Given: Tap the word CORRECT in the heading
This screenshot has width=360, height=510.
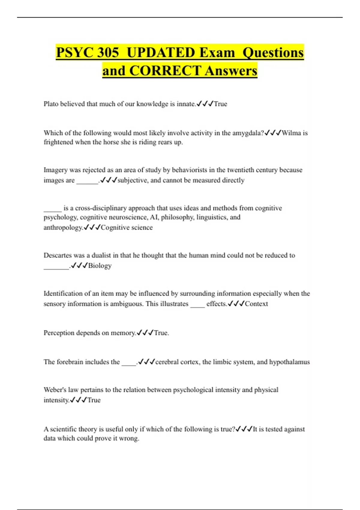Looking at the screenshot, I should pyautogui.click(x=165, y=71).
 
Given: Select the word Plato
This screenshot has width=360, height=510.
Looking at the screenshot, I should pyautogui.click(x=51, y=104).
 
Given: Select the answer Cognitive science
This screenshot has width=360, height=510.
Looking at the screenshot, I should pyautogui.click(x=127, y=227).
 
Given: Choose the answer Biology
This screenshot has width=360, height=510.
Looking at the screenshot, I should pyautogui.click(x=100, y=266).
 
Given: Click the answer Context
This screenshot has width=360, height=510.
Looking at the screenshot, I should pyautogui.click(x=256, y=304).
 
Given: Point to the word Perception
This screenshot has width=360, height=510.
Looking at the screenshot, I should pyautogui.click(x=59, y=333).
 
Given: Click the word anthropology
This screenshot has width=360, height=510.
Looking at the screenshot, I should pyautogui.click(x=63, y=227).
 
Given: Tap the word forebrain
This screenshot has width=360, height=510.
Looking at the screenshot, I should pyautogui.click(x=70, y=362).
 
